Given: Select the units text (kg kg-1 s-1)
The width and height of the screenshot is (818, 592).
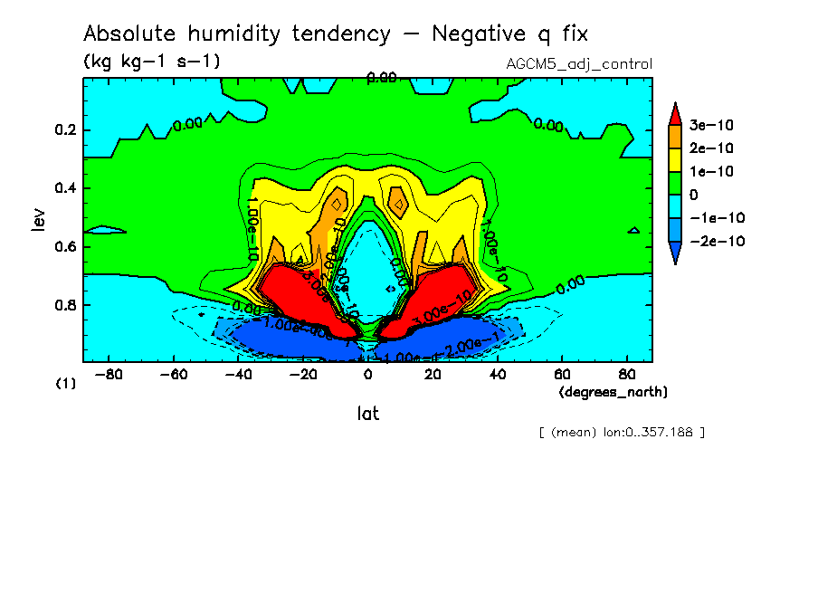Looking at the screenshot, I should pos(151,62).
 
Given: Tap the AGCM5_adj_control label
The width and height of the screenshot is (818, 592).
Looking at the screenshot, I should pos(580,64).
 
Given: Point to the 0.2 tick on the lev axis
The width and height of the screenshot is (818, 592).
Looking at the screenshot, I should pos(64,130).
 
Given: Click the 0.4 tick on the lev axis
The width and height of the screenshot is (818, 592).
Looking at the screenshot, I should pos(64,188).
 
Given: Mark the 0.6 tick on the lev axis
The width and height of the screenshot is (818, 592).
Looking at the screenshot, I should pos(64,246).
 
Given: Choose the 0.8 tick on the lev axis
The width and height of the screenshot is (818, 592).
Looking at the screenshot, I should pos(64,305).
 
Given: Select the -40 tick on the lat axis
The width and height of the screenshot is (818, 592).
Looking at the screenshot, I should pos(239,374).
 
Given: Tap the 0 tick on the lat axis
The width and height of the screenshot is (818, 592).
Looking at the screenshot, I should pos(368,374).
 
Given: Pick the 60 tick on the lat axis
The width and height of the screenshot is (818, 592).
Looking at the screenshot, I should pos(562,374).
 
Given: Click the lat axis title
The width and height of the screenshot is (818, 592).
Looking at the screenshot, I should pos(367,414).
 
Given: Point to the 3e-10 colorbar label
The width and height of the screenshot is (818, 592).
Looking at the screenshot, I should pos(711,124).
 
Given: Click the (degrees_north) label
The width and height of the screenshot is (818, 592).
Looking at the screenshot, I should pos(613,391).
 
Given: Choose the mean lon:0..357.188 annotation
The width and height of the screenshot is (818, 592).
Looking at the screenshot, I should pos(621,432).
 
